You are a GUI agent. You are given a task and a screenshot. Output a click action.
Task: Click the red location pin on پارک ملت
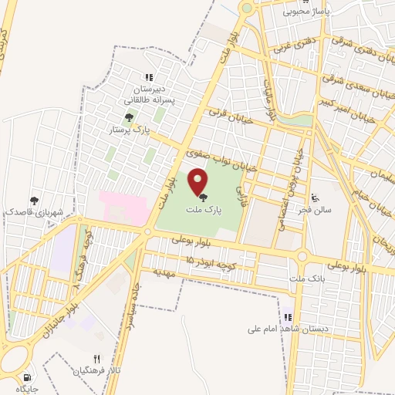click(x=199, y=182)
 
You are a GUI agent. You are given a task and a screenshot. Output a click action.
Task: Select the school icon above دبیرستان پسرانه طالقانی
click(x=149, y=76)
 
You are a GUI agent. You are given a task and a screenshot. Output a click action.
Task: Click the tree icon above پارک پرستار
click(x=129, y=117)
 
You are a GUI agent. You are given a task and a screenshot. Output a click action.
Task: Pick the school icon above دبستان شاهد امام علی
click(x=288, y=317)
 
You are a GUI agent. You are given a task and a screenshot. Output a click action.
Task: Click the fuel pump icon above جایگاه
click(x=29, y=378)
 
